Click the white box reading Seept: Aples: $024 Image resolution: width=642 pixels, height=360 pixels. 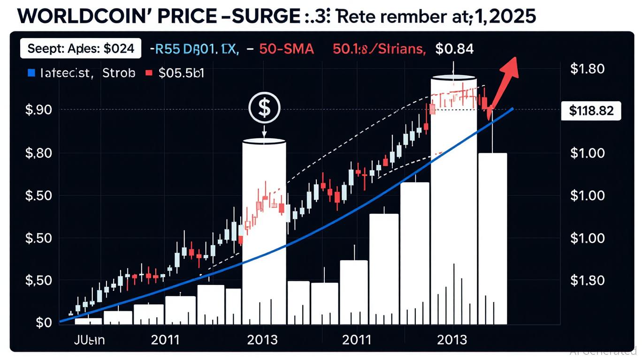pyautogui.click(x=81, y=48)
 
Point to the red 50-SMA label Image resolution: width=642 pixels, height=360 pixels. pyautogui.click(x=286, y=48)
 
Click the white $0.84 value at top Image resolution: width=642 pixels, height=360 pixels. pyautogui.click(x=454, y=48)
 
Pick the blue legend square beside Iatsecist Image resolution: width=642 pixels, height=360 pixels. pyautogui.click(x=31, y=73)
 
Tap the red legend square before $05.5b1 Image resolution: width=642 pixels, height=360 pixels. pyautogui.click(x=149, y=73)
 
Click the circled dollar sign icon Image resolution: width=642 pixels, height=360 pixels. pyautogui.click(x=264, y=107)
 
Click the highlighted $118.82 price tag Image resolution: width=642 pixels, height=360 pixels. pyautogui.click(x=591, y=111)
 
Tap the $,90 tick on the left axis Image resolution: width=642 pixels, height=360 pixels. pyautogui.click(x=38, y=110)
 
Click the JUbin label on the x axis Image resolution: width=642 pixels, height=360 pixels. pyautogui.click(x=90, y=339)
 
